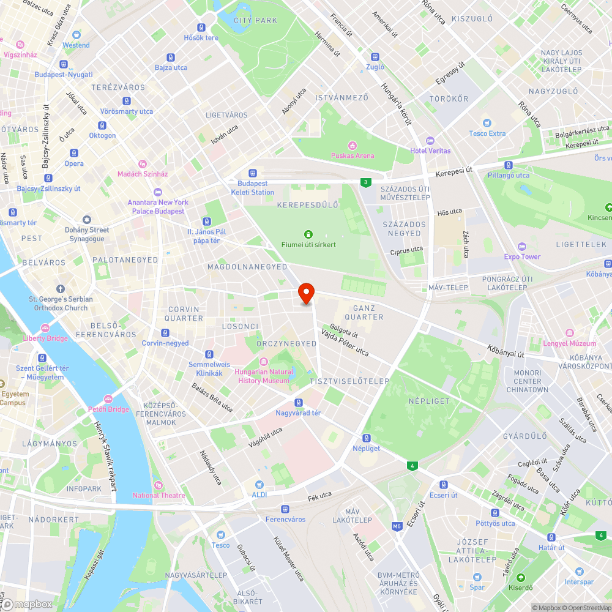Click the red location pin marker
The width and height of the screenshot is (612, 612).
click(306, 293)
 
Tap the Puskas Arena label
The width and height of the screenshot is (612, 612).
click(352, 155)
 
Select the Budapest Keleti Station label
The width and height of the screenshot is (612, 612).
click(252, 188)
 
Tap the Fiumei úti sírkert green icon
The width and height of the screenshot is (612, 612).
click(308, 234)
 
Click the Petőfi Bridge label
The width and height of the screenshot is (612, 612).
click(111, 409)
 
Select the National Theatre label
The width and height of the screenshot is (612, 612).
click(159, 495)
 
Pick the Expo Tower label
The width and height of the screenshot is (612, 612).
click(522, 256)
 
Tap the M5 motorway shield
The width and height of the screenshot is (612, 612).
click(397, 526)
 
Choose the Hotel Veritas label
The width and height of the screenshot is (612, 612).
click(430, 151)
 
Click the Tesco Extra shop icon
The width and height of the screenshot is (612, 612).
click(487, 123)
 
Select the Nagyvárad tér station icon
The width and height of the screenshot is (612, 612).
click(299, 402)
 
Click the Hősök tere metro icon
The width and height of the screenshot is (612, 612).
click(201, 27)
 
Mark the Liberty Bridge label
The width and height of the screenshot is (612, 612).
click(45, 338)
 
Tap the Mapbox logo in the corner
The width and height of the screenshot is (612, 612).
click(27, 604)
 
